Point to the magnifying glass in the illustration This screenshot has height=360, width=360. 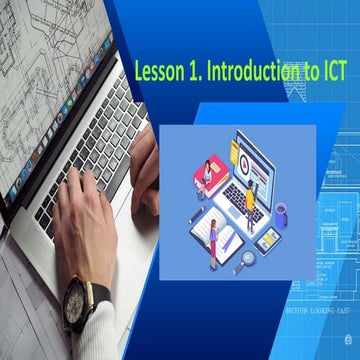click(248, 257)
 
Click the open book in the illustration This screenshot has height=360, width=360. click(222, 238)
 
